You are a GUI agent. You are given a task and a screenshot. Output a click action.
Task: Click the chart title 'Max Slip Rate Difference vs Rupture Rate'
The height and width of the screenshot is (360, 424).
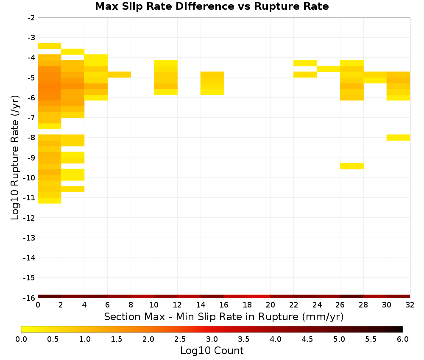[212, 6]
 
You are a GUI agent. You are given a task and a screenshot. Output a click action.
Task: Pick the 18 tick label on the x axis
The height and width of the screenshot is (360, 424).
[247, 305]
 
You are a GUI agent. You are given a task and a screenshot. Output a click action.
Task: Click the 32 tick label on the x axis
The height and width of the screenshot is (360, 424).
[410, 305]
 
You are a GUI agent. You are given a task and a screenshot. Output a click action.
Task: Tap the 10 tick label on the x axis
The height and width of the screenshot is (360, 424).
[154, 305]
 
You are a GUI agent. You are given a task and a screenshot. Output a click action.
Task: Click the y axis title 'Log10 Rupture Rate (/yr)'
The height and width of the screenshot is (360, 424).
[15, 158]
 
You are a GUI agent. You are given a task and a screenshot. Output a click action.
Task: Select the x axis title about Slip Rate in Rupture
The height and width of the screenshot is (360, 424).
[223, 317]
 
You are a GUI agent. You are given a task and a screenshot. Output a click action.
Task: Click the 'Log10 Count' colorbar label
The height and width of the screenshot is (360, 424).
[212, 351]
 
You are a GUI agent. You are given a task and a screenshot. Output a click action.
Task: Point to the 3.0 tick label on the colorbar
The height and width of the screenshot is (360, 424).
[212, 339]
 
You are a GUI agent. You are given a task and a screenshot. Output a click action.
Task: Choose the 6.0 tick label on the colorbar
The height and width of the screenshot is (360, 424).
[403, 339]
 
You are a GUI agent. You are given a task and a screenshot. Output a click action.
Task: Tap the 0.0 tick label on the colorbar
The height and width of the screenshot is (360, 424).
[21, 339]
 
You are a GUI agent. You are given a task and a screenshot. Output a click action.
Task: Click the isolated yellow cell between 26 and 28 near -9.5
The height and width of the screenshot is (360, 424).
[351, 166]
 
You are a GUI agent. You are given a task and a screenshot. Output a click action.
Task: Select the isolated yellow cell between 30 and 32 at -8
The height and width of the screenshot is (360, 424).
[398, 138]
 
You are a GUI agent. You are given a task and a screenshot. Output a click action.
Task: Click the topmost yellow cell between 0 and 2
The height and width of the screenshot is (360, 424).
[50, 46]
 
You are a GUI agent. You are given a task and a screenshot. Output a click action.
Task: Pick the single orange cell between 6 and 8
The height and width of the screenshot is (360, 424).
[119, 75]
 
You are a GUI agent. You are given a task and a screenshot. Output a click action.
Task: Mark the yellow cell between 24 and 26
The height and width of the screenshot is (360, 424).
[328, 69]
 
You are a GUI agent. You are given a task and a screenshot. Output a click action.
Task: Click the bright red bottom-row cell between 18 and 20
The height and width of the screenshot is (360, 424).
[259, 296]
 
